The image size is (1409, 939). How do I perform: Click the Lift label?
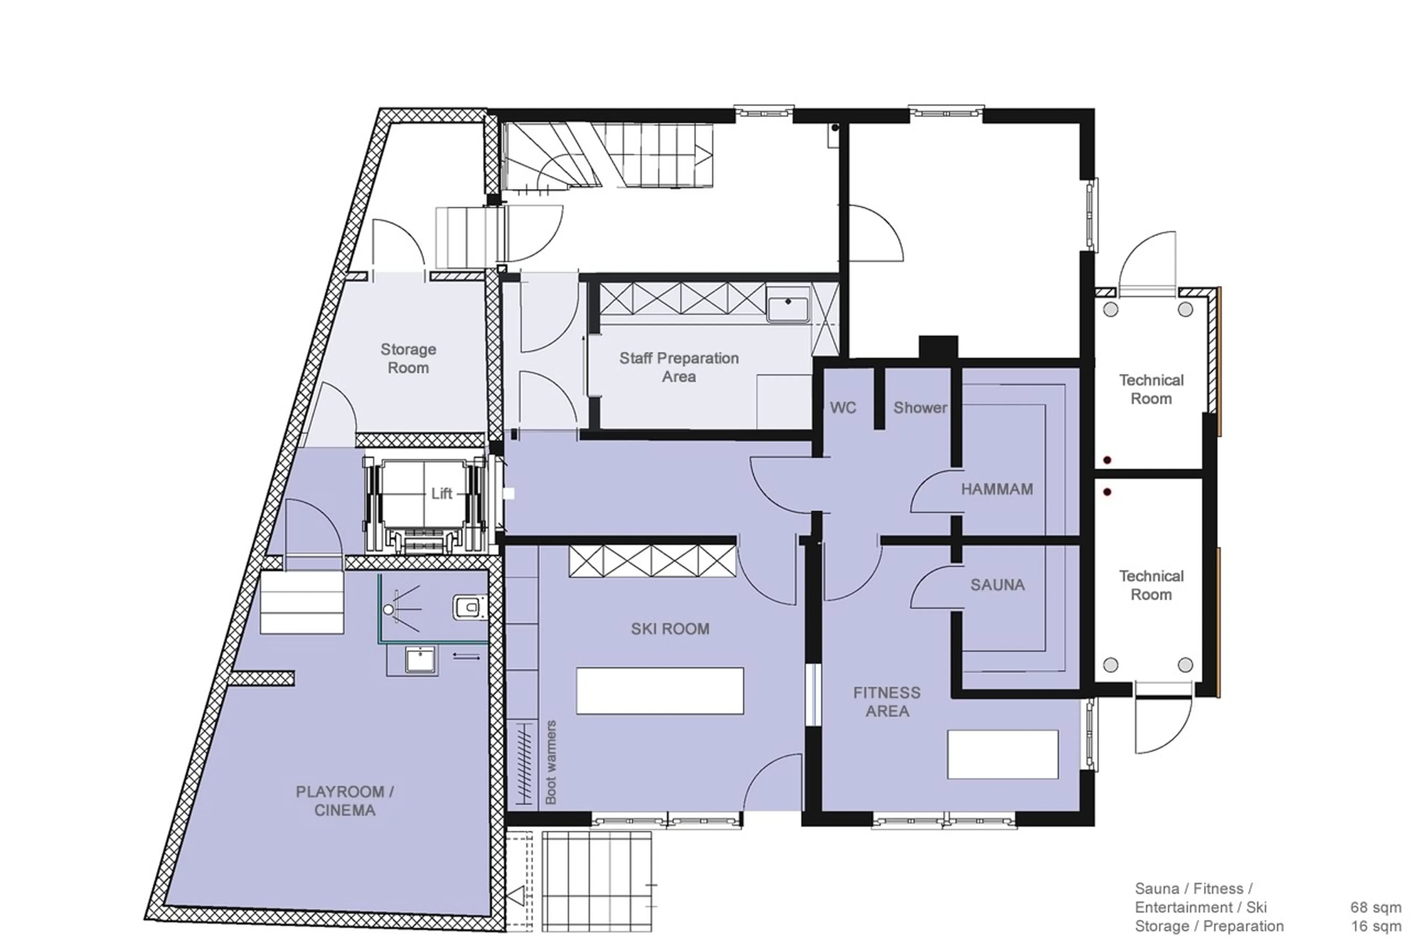(x=441, y=494)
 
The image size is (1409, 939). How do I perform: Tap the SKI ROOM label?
(x=670, y=629)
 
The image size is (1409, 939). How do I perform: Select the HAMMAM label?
(x=997, y=489)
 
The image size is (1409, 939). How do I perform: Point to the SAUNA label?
(x=997, y=585)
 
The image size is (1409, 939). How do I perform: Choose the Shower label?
(x=920, y=408)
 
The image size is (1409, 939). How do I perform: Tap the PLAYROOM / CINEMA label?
(x=345, y=801)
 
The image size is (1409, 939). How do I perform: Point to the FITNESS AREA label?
(x=887, y=702)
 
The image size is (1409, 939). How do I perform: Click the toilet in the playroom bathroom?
(x=469, y=607)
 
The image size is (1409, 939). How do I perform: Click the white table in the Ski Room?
(x=659, y=691)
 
